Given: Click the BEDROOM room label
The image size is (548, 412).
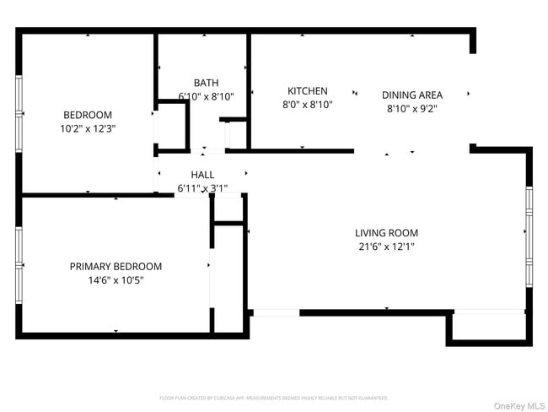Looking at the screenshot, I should click(x=88, y=115).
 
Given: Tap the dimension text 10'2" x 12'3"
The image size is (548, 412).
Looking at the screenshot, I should click(x=88, y=129).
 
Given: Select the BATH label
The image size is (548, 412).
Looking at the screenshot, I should click(x=206, y=83).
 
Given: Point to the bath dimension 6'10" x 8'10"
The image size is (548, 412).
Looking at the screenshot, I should click(x=206, y=96).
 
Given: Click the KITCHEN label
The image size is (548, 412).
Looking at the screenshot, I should click(x=307, y=91).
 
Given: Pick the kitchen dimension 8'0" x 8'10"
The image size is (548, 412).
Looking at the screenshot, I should click(x=307, y=106).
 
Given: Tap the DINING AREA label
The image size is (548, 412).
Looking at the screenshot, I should click(x=411, y=95).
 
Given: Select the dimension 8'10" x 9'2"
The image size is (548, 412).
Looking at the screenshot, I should click(x=411, y=108).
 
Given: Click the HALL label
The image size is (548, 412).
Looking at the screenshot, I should click(x=202, y=175).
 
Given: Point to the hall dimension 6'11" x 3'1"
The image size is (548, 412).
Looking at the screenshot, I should click(x=202, y=188).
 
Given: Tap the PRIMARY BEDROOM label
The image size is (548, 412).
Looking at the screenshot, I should click(x=116, y=266).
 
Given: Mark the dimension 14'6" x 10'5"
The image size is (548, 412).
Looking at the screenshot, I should click(x=116, y=280).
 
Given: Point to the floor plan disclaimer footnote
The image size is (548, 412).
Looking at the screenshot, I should click(x=273, y=398).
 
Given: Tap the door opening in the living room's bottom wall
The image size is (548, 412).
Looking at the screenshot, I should click(x=276, y=312).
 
